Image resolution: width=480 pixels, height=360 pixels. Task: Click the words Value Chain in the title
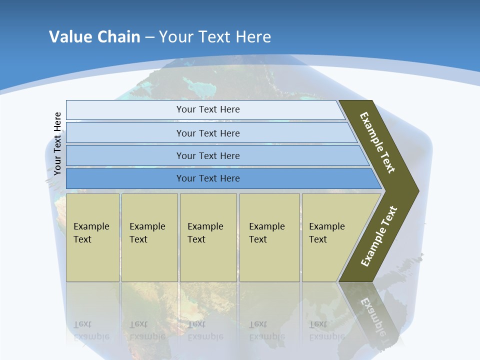point(94,36)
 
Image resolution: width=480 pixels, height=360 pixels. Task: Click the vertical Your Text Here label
point(57,143)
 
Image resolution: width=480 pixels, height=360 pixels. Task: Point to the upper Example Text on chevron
point(377,142)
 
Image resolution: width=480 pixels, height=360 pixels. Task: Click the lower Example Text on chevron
point(379,236)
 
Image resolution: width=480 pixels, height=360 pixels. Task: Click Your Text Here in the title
point(215,36)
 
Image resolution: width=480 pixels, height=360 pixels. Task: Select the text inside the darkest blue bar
point(208,178)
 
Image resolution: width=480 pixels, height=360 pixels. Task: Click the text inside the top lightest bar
point(208,109)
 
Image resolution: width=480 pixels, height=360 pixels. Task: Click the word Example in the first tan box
point(91,226)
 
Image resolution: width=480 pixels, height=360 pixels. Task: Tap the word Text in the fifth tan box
point(318,239)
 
